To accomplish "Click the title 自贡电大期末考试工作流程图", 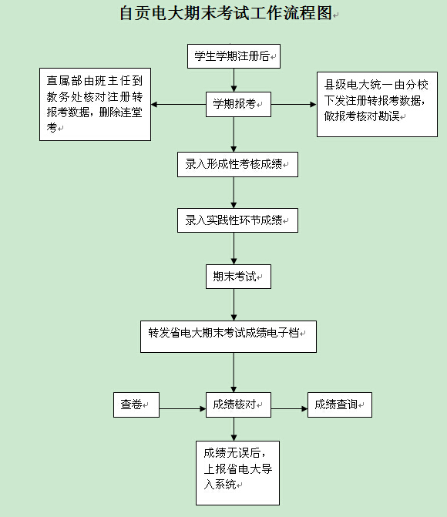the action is [x=226, y=13].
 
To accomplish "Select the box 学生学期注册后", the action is [x=234, y=56].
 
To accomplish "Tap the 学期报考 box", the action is [x=238, y=105].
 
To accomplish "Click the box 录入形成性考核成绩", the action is [x=237, y=165].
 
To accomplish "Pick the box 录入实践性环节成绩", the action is [x=237, y=220].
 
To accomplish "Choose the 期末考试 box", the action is [x=238, y=277].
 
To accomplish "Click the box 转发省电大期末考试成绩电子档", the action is [x=228, y=337].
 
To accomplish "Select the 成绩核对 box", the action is [x=238, y=405].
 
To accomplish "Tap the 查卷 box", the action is [x=136, y=405].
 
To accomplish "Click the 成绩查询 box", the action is [x=340, y=405].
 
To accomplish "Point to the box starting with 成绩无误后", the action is [x=237, y=473].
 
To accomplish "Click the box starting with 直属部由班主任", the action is [x=95, y=105].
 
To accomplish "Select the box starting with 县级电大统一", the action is [x=377, y=104].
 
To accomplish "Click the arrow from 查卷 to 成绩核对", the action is [x=183, y=409].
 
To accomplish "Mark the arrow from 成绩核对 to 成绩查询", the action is [x=289, y=409].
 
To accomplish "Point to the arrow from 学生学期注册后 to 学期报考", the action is [x=234, y=80].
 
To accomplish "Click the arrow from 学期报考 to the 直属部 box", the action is [x=179, y=105].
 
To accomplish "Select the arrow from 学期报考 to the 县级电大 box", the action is [x=294, y=105].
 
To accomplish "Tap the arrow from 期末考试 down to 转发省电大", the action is [x=234, y=305].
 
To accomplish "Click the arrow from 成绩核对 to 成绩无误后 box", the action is [x=234, y=429].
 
